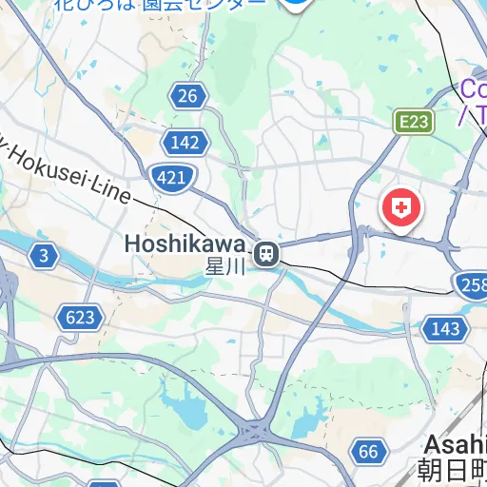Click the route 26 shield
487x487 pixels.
coord(188,94)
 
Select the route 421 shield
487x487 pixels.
coord(172,176)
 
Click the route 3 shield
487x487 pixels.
coord(44,255)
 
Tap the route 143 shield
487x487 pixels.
coord(445,329)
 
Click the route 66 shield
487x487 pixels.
coord(369,451)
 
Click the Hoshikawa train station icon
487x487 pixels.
coord(266,254)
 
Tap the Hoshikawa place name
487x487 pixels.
coord(185,244)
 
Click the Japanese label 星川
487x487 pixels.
coord(226,266)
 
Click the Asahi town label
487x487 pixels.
coord(456,444)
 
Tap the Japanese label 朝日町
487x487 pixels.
coord(453,471)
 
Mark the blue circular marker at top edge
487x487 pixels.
coord(298,5)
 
